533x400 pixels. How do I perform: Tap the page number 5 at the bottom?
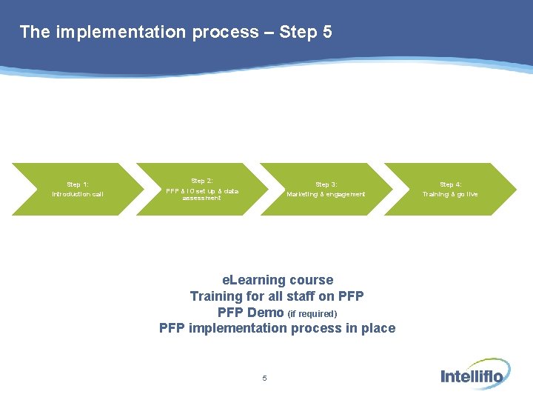click(x=264, y=379)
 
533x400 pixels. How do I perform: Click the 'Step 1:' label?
click(x=78, y=184)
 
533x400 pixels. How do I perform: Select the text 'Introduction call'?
click(x=78, y=194)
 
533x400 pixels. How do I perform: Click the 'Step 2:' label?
click(x=202, y=181)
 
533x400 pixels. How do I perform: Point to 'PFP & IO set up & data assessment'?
click(x=202, y=194)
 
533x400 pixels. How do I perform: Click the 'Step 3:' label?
click(x=326, y=184)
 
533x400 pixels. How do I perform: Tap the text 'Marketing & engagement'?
click(x=326, y=194)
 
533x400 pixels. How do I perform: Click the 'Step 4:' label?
click(x=451, y=184)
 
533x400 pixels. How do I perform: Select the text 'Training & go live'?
click(x=451, y=194)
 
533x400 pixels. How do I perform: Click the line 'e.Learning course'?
click(x=278, y=280)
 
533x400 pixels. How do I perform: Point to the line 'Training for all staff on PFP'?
click(x=277, y=296)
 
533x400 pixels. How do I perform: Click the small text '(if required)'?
click(x=312, y=313)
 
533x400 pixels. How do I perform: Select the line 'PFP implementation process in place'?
click(x=278, y=328)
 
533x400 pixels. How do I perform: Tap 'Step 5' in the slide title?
click(x=306, y=32)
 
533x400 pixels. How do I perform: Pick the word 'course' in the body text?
click(x=311, y=280)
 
